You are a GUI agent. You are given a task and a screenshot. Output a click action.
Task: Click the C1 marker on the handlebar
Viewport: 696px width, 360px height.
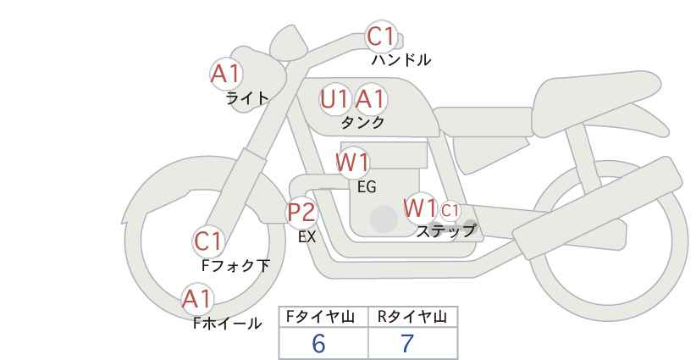click(x=381, y=36)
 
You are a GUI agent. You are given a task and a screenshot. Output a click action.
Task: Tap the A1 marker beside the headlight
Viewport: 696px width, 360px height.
click(x=226, y=75)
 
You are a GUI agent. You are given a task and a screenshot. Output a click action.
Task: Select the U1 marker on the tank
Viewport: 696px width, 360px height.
click(x=334, y=99)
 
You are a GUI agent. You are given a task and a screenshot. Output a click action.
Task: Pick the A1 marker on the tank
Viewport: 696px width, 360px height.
click(x=371, y=99)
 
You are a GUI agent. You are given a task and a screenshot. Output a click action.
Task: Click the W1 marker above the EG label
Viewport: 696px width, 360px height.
click(x=352, y=163)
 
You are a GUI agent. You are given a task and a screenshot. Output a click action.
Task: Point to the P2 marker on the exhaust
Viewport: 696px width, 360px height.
click(x=302, y=213)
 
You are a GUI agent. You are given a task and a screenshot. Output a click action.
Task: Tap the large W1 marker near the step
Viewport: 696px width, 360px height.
click(x=420, y=208)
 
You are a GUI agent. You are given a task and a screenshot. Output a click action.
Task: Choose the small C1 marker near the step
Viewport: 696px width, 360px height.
click(x=450, y=210)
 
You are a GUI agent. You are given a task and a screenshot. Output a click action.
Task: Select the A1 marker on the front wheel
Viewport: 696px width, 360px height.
click(x=197, y=299)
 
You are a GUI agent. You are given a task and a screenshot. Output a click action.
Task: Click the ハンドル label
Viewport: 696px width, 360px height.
click(x=401, y=60)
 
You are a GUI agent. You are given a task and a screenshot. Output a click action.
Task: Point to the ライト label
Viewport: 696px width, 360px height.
click(x=247, y=98)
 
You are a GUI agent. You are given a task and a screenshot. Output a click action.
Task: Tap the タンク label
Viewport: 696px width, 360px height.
click(x=362, y=123)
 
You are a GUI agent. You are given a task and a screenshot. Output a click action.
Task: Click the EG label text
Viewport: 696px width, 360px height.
click(x=367, y=187)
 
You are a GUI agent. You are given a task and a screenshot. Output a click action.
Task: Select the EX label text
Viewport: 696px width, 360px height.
click(x=307, y=237)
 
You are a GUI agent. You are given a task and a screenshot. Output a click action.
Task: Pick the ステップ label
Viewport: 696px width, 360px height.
click(x=445, y=231)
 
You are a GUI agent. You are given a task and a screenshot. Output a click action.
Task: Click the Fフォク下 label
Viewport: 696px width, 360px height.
click(x=235, y=266)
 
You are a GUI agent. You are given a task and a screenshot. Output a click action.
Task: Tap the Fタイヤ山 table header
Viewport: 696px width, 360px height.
click(x=320, y=317)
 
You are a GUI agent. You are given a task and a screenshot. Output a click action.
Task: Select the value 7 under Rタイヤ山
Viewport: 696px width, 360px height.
click(x=407, y=343)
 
